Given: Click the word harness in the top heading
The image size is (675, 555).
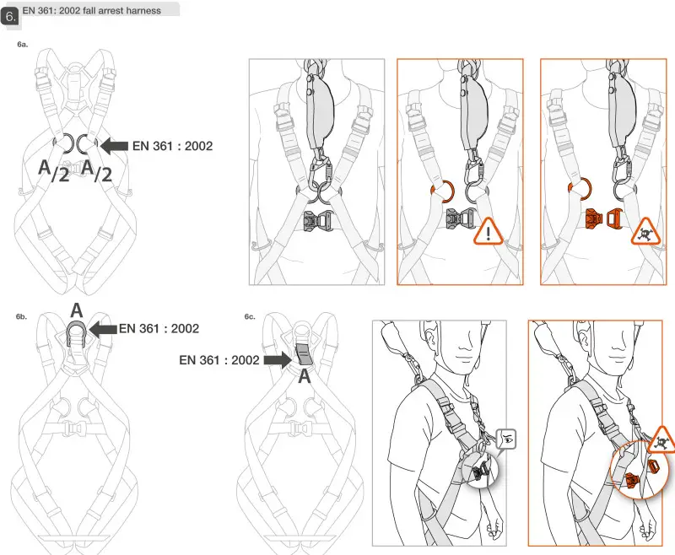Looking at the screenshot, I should coord(141,11).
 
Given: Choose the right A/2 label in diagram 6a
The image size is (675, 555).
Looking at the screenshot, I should coord(95,170).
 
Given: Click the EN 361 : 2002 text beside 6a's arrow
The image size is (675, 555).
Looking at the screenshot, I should coord(172,145).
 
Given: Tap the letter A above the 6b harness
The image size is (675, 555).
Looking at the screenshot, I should coord(75,309).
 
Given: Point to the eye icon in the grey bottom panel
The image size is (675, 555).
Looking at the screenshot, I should coord(506,438).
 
